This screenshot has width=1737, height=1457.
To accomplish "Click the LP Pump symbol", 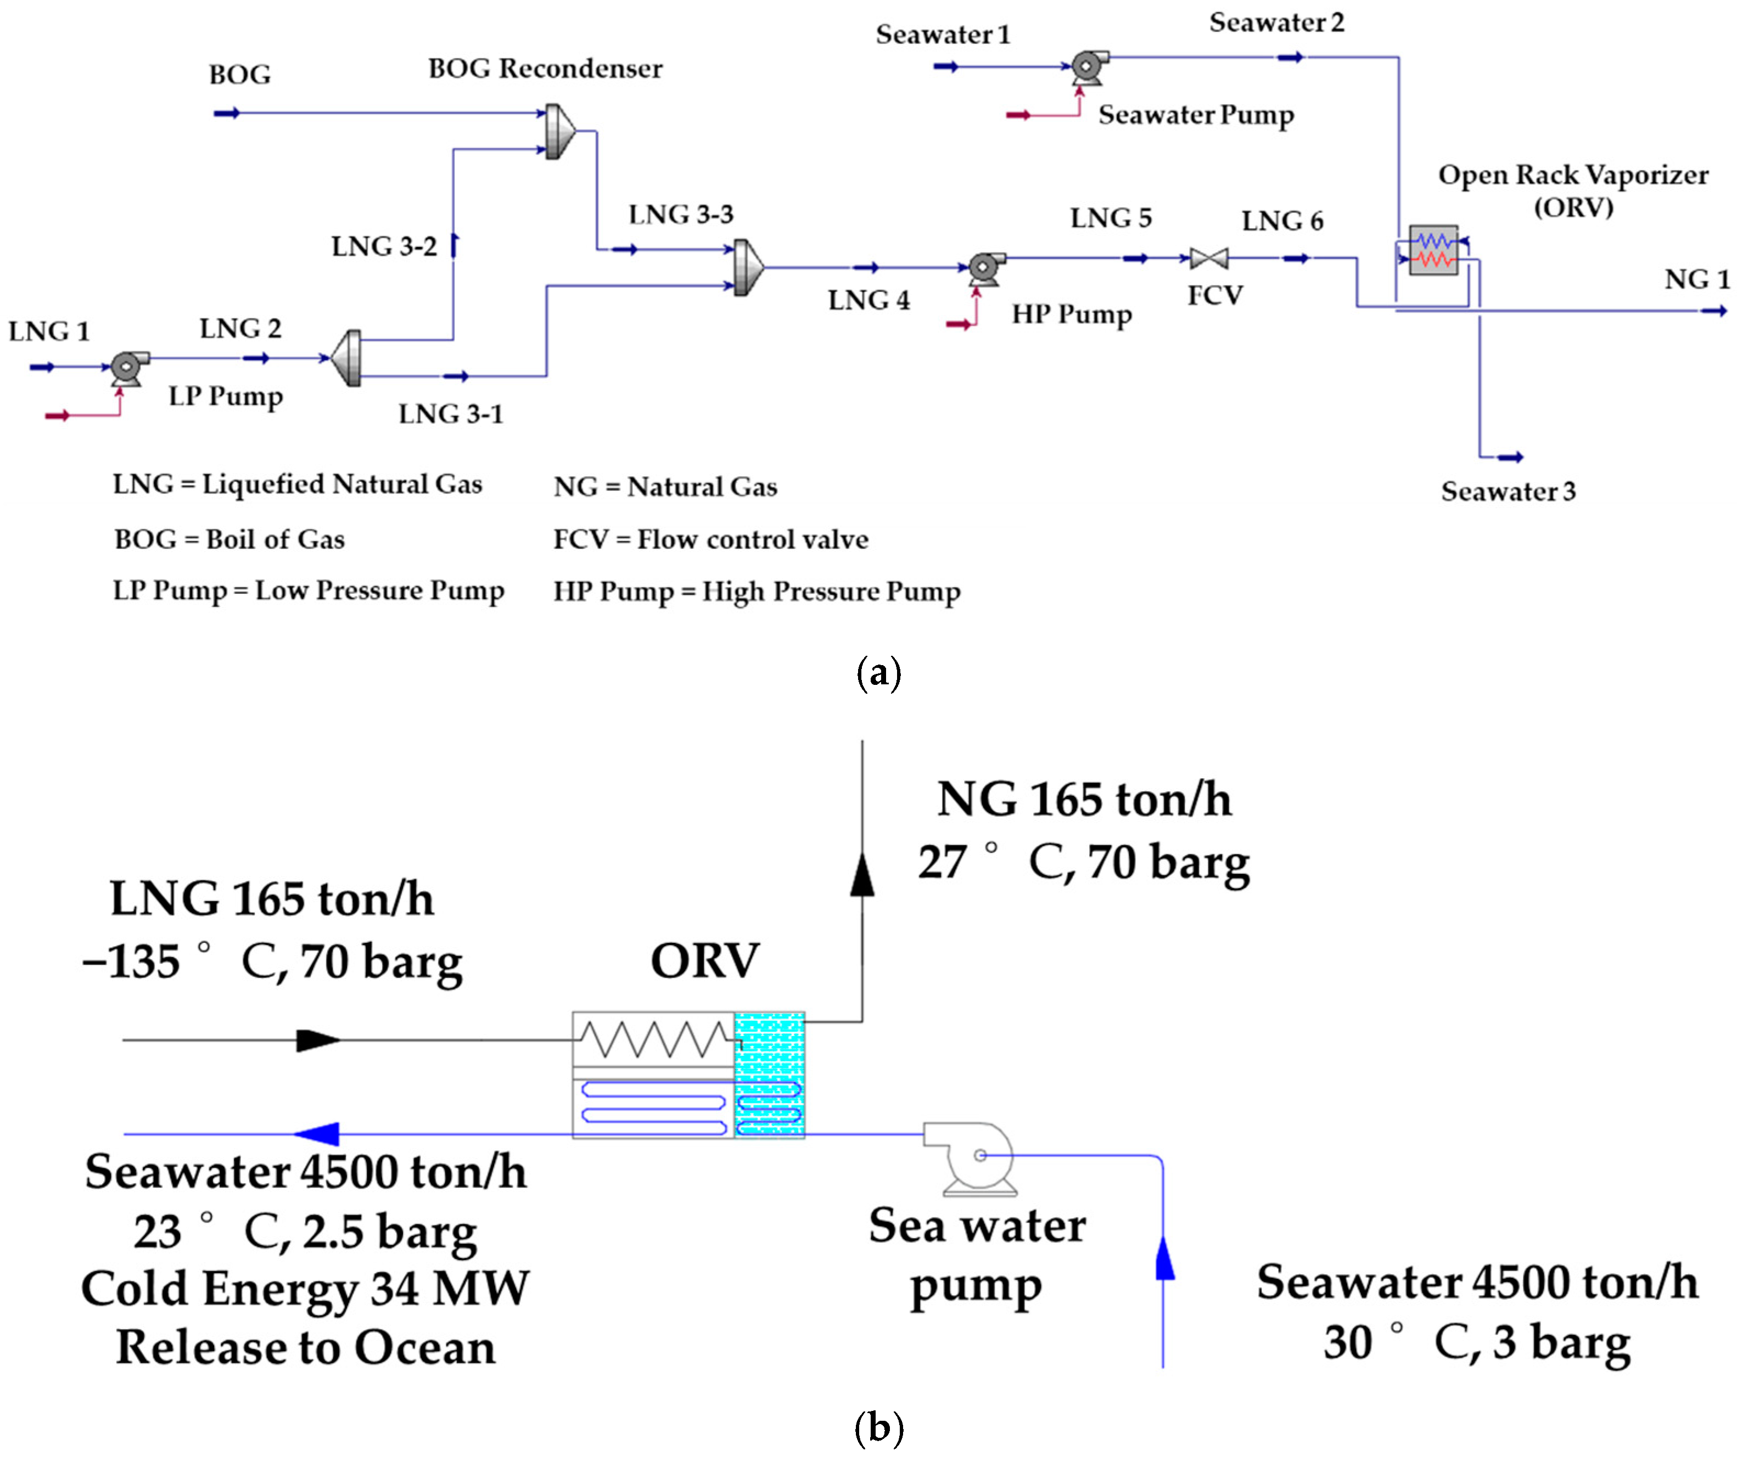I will tap(127, 367).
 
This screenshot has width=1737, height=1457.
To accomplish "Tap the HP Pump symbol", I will tap(984, 267).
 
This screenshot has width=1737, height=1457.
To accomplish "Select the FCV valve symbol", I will tap(1208, 259).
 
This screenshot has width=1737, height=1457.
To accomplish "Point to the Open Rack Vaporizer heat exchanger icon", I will tap(1433, 250).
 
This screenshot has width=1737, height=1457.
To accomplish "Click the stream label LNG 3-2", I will tap(384, 246).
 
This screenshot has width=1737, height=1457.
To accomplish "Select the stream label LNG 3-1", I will tap(451, 413).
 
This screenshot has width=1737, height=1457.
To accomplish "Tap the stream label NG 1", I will tap(1696, 279).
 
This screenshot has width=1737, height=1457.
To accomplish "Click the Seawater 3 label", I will tap(1508, 491).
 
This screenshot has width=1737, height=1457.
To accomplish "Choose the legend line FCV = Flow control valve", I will tap(710, 539).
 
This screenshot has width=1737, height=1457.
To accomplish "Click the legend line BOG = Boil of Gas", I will tap(229, 539).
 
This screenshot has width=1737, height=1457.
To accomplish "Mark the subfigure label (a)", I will tap(878, 673).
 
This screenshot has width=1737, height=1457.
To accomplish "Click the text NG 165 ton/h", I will tap(1084, 800).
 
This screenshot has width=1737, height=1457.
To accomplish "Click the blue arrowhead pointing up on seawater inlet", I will tap(1164, 1258).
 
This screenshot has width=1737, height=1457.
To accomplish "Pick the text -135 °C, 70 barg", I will tap(272, 961).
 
